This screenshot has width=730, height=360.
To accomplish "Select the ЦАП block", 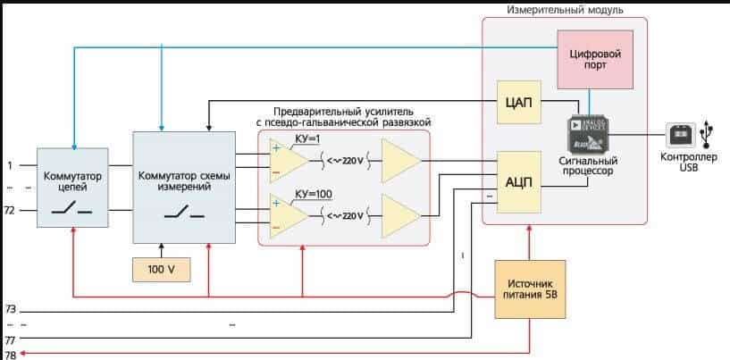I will tap(518, 104).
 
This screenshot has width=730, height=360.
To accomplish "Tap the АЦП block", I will tap(518, 182).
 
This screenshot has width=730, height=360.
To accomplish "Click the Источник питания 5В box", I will tap(532, 290).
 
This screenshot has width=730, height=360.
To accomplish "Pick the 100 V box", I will tap(161, 269).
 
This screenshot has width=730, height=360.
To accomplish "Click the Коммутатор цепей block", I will tap(72, 188).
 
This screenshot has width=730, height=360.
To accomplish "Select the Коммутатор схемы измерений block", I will tap(185, 188).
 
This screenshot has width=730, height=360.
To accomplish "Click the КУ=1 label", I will tap(308, 139).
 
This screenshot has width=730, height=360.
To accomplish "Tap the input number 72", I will tap(11, 210).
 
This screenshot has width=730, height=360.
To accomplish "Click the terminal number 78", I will tap(11, 355).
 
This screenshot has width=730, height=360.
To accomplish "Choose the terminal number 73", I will tap(11, 309).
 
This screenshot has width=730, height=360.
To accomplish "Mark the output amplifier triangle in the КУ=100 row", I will tap(399, 215).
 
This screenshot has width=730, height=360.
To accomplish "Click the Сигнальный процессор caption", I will tap(587, 164).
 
